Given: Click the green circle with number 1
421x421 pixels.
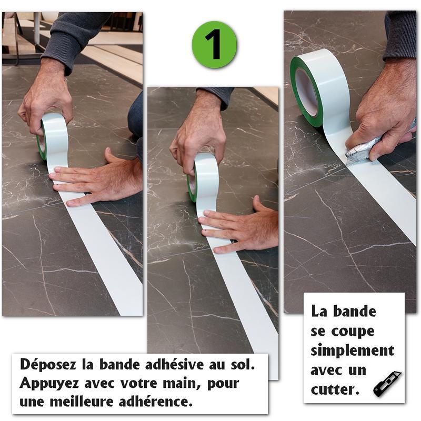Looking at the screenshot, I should point(214,45).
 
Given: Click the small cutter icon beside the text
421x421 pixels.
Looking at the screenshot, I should point(387,384).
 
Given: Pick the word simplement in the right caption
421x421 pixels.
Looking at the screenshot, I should point(352,350).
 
